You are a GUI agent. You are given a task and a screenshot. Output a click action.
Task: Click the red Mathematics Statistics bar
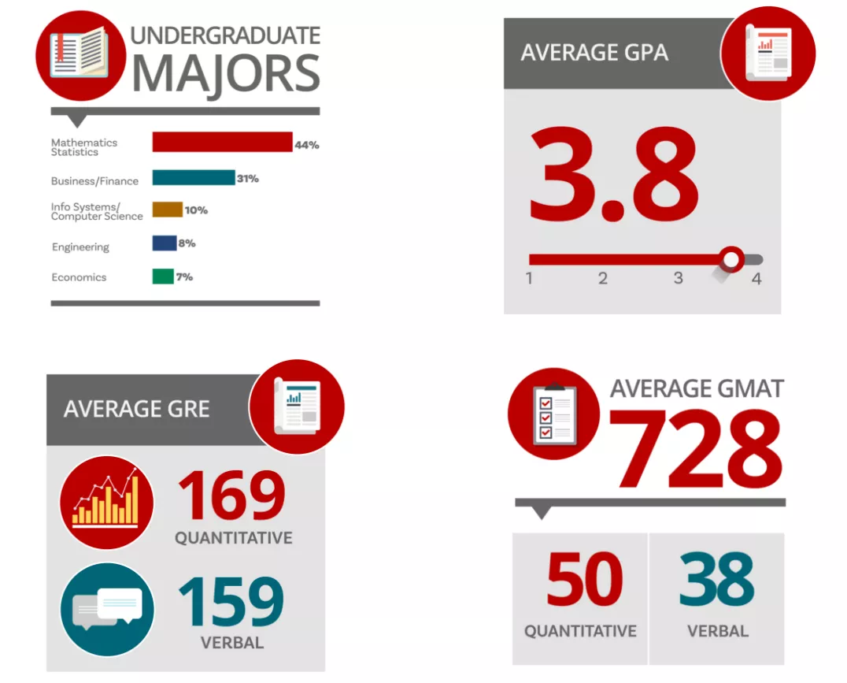pyautogui.click(x=222, y=142)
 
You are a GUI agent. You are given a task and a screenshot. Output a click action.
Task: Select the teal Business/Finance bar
pyautogui.click(x=194, y=178)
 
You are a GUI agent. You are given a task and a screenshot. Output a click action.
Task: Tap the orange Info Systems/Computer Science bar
pyautogui.click(x=168, y=210)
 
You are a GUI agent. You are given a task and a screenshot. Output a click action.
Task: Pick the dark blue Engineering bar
pyautogui.click(x=165, y=243)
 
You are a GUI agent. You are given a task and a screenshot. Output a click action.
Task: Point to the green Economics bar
pyautogui.click(x=163, y=277)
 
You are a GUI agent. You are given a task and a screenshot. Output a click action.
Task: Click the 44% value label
pyautogui.click(x=306, y=145)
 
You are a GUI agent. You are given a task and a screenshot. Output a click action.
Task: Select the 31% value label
pyautogui.click(x=248, y=179)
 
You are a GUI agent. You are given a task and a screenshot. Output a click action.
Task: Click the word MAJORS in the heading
pyautogui.click(x=226, y=74)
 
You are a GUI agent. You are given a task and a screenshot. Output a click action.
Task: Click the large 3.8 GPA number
pyautogui.click(x=614, y=176)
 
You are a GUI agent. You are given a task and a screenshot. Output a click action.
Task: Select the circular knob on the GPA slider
pyautogui.click(x=732, y=258)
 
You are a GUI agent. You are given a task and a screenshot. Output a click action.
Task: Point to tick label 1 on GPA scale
pyautogui.click(x=529, y=279)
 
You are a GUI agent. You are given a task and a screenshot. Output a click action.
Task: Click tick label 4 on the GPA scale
pyautogui.click(x=756, y=279)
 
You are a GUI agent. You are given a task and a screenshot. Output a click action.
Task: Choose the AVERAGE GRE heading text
pyautogui.click(x=137, y=409)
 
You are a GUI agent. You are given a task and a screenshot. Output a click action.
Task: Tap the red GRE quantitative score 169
pyautogui.click(x=231, y=496)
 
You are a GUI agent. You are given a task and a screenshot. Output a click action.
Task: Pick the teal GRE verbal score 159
pyautogui.click(x=231, y=602)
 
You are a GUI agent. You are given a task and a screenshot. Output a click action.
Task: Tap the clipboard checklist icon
pyautogui.click(x=554, y=414)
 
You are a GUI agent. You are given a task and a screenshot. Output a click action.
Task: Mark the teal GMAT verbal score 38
pyautogui.click(x=717, y=581)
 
